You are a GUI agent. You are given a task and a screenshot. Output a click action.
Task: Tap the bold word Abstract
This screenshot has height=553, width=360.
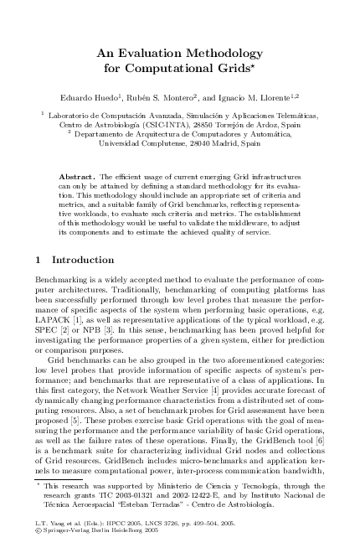(x=77, y=178)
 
